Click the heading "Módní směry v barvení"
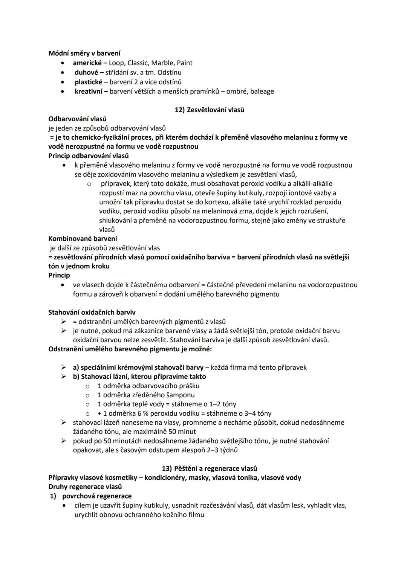pos(84,53)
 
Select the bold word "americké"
pos(87,63)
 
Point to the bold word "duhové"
pos(86,72)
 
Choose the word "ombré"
pos(236,91)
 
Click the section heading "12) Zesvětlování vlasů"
pos(210,110)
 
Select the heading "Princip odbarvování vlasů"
pos(89,156)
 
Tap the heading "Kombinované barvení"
pos(83,238)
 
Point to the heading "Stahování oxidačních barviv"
pos(92,312)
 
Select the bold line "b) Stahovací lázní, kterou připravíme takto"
pos(139,376)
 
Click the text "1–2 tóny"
pos(223,404)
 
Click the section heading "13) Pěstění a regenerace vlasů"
pos(210,468)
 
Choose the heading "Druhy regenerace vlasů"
pos(85,487)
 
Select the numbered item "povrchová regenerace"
pos(97,496)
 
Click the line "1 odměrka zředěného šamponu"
pos(146,395)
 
